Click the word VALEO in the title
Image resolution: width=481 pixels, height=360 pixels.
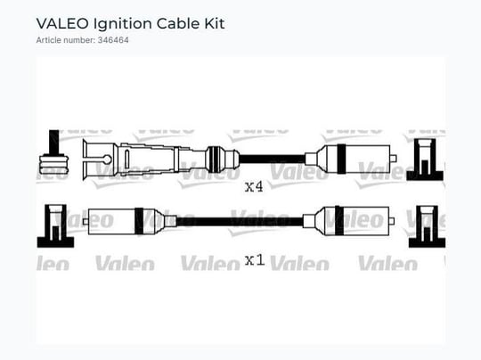pos(62,24)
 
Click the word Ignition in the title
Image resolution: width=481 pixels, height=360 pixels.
pos(122,24)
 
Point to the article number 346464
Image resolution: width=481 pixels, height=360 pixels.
pos(113,40)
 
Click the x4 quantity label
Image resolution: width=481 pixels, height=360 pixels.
pos(254,186)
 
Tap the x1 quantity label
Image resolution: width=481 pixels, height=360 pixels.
pos(255,260)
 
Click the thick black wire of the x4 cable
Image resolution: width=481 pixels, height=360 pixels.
pos(272,159)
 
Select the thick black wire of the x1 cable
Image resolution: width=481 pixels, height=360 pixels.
pos(240,221)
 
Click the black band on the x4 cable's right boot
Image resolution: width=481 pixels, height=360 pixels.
pos(341,159)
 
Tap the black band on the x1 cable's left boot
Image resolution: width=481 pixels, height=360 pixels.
pos(139,221)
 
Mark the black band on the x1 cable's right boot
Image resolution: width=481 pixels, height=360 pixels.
pos(339,221)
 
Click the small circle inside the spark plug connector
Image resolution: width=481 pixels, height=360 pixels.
pos(107,160)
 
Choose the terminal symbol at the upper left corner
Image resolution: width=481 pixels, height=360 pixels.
pos(54,154)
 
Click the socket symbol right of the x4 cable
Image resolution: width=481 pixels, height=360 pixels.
pos(425,160)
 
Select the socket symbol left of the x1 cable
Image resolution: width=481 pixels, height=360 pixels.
pos(55,225)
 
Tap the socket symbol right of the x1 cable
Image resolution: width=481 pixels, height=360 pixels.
pos(427,226)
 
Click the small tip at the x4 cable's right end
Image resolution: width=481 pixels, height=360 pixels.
pos(394,159)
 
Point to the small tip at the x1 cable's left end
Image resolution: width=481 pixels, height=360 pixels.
pos(85,221)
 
